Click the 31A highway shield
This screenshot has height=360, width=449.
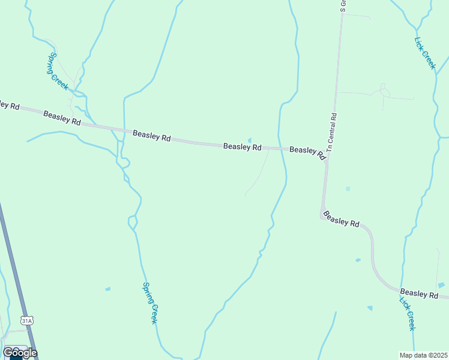[27, 321]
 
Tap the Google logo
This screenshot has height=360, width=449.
[20, 352]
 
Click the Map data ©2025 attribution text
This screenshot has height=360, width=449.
[423, 355]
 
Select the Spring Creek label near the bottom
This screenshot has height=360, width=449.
[150, 304]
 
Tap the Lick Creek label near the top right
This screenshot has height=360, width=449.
[424, 53]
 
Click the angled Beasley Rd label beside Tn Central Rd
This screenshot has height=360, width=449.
[307, 152]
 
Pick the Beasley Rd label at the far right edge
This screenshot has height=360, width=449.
[420, 293]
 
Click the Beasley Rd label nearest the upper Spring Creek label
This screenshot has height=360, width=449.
[62, 118]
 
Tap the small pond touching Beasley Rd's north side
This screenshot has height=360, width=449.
[250, 141]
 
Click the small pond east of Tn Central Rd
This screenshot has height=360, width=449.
[348, 188]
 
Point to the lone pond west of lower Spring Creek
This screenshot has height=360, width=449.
[108, 289]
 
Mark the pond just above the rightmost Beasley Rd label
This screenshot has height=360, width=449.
[442, 284]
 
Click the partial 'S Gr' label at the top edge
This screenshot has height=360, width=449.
[343, 6]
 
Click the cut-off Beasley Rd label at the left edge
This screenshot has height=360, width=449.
[10, 104]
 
